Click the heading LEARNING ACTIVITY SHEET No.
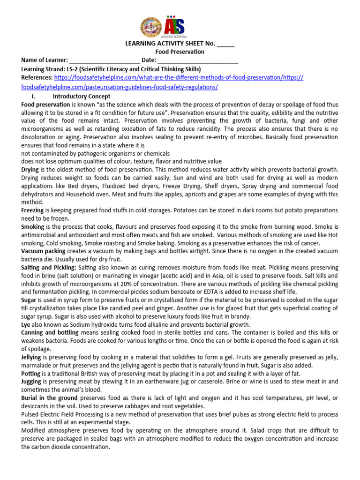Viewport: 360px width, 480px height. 169,44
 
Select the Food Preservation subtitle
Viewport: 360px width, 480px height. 180,52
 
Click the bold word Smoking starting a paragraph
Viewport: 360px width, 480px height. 33,226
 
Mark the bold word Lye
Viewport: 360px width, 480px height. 27,324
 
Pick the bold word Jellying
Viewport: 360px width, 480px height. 32,357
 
